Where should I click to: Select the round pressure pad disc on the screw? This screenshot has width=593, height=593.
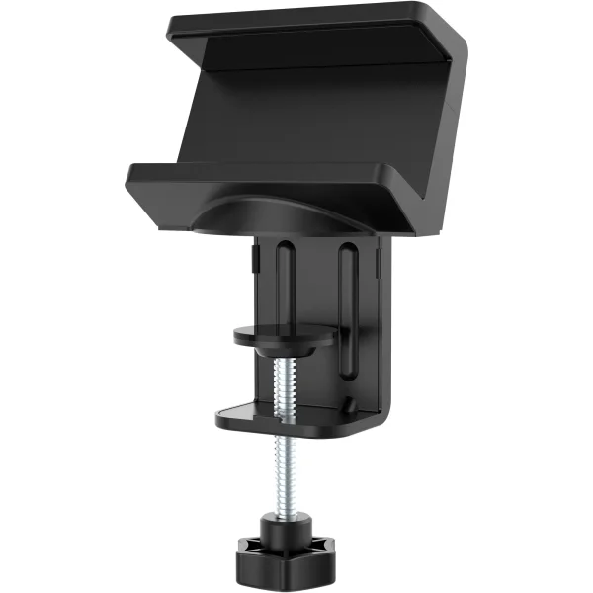point(285,335)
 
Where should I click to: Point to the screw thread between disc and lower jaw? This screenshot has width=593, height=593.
point(284,381)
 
